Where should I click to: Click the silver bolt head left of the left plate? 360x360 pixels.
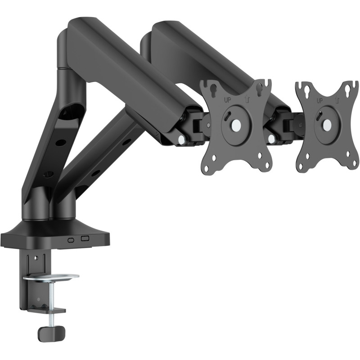181,140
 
